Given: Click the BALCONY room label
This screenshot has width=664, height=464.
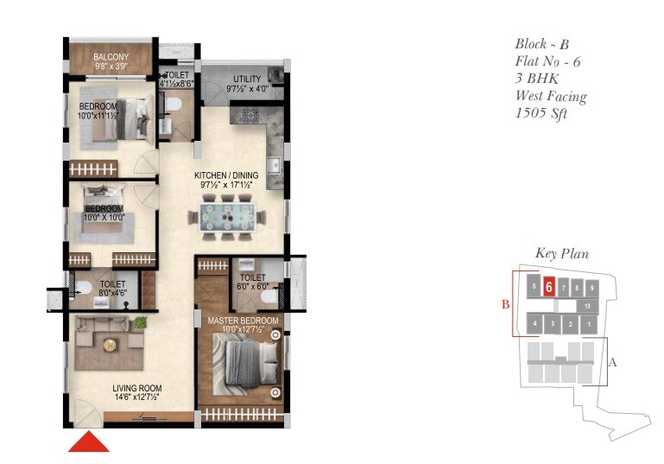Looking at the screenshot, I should coord(111,58).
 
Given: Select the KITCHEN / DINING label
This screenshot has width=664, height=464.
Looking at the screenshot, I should coord(225,175).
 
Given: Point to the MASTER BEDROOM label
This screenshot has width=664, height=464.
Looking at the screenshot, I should coord(243,321).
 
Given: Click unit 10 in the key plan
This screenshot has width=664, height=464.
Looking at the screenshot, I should coord(586,306).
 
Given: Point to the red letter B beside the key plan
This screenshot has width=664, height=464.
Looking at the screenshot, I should coord(506,303).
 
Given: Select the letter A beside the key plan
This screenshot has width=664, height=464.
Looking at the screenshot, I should coord(613,363).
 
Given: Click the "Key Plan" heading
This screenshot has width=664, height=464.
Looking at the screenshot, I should coord(562,253).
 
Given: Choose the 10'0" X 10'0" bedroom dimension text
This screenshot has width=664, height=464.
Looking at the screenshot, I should coord(104,217).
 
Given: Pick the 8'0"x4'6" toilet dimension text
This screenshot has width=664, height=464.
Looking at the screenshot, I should coord(113,293).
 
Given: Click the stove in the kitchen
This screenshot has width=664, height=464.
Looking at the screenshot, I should coord(251,114).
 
